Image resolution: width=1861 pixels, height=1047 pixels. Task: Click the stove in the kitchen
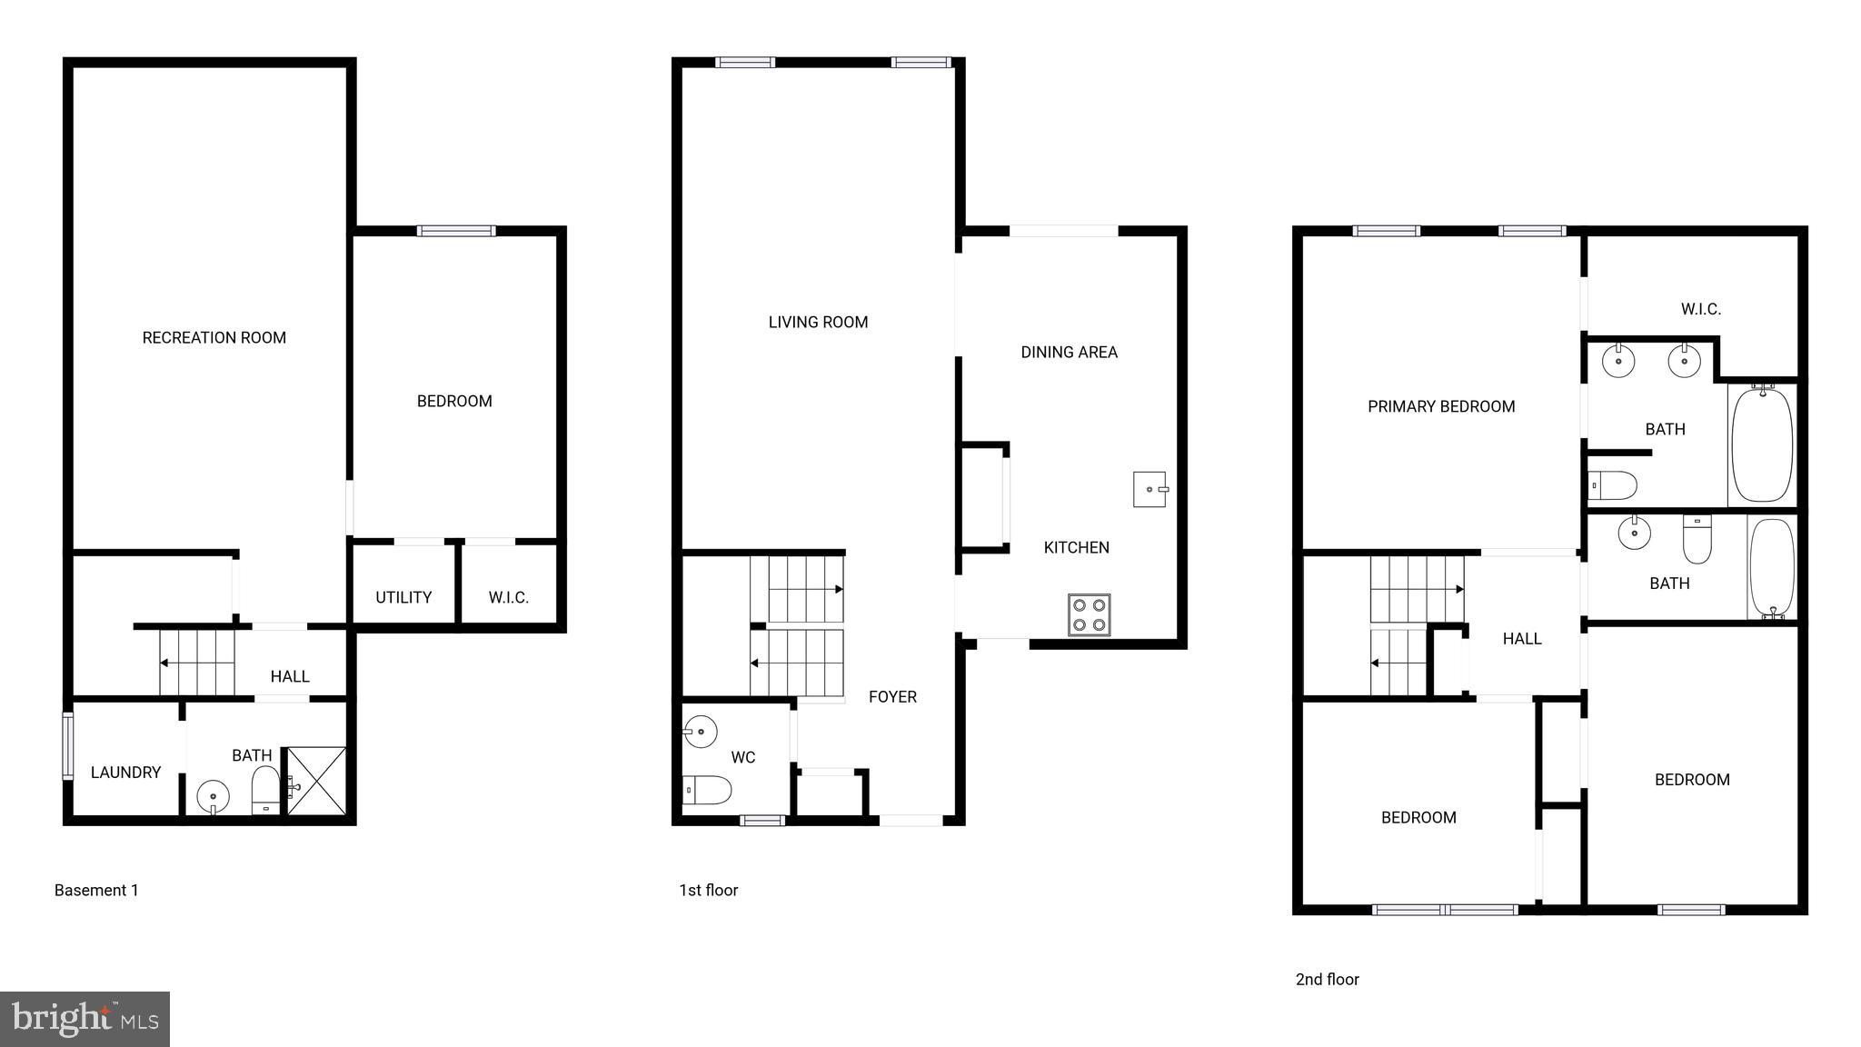click(1089, 613)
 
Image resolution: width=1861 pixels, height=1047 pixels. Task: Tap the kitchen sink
click(1149, 489)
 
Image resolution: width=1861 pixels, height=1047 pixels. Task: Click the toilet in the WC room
click(707, 790)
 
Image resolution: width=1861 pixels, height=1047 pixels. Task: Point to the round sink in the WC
click(701, 731)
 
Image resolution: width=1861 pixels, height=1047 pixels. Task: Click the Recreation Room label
click(214, 338)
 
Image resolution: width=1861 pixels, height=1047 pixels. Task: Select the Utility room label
click(403, 598)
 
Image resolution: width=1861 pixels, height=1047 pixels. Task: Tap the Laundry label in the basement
click(125, 773)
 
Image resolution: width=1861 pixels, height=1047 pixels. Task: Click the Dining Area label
click(1069, 353)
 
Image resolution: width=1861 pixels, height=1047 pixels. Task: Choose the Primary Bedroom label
click(1441, 407)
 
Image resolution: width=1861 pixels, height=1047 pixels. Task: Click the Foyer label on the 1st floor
click(892, 697)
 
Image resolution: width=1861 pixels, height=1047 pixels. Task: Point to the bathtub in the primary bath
click(1762, 444)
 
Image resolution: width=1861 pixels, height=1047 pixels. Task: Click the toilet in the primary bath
click(1613, 485)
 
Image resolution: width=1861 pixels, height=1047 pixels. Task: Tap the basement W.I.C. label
click(508, 598)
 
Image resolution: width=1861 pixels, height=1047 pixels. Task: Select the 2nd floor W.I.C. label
click(1700, 310)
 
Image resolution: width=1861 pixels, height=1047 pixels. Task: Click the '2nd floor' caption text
click(1327, 980)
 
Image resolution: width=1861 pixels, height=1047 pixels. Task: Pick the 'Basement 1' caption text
click(96, 891)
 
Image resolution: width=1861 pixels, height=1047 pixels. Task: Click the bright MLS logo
click(85, 1019)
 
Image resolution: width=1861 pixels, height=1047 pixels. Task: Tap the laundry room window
click(67, 746)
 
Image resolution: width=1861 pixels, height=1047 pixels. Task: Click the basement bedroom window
click(456, 231)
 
